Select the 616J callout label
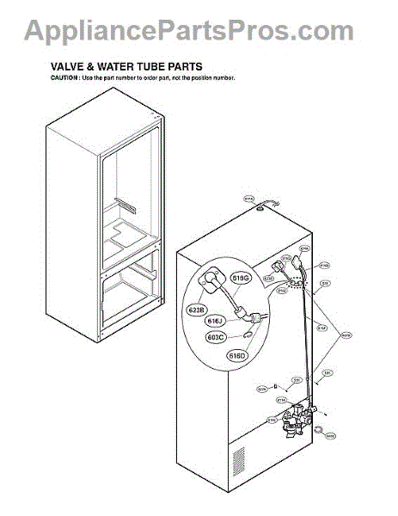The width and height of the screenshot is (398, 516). [x=215, y=322]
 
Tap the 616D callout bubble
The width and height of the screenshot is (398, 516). [x=236, y=354]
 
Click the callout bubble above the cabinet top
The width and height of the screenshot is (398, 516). [x=249, y=200]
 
